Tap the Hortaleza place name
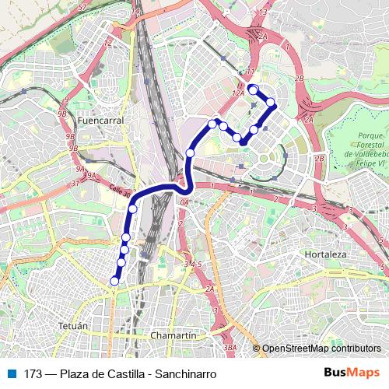tap(325, 254)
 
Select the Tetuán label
tap(74, 323)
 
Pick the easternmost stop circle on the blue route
tap(271, 102)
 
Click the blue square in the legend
tap(11, 373)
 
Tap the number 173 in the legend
tap(32, 374)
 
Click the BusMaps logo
tap(351, 373)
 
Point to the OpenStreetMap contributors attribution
tap(321, 349)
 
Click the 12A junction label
tap(238, 93)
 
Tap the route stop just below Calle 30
tap(133, 209)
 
